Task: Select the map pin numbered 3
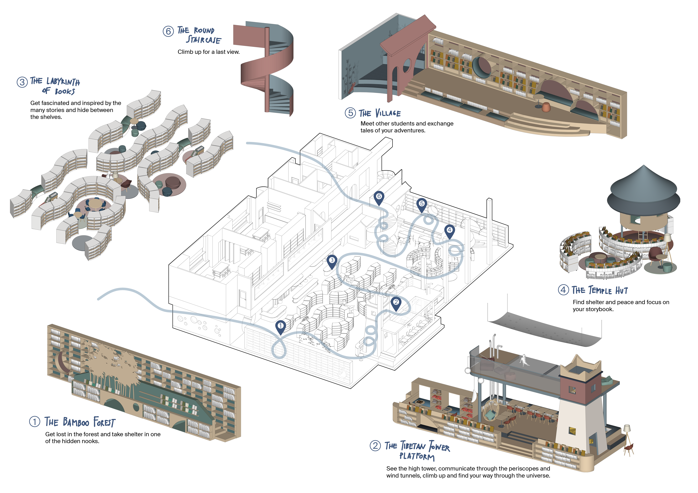tap(332, 261)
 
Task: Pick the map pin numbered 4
tap(449, 231)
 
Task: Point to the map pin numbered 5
tap(422, 205)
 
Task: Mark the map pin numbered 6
tap(379, 198)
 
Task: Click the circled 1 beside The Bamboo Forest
tap(35, 422)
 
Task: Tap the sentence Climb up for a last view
tap(209, 52)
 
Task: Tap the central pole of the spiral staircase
tap(267, 70)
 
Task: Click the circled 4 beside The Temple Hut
tap(563, 290)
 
